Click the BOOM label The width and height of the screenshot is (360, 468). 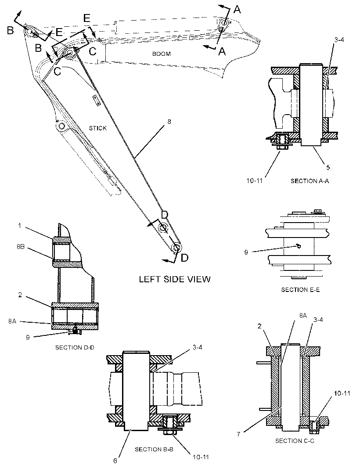tap(162, 54)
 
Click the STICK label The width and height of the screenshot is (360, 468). tap(97, 128)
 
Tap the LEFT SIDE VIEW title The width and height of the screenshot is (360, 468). tap(175, 279)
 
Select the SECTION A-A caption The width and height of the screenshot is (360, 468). tap(310, 181)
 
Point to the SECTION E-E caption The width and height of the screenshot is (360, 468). tap(300, 290)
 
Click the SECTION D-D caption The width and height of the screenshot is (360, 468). tap(75, 347)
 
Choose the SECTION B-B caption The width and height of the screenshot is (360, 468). tap(154, 449)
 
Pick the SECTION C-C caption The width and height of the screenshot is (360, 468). tap(295, 441)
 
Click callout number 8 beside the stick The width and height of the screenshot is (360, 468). tap(169, 122)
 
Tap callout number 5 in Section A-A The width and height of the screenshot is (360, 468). tap(328, 167)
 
